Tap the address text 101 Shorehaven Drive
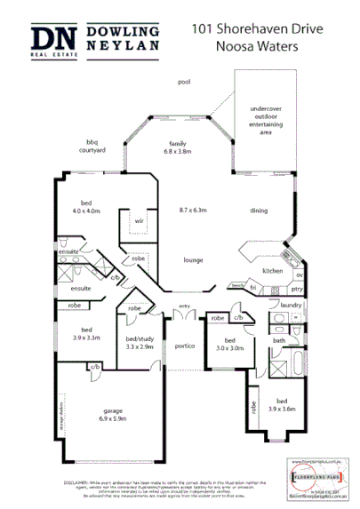pyautogui.click(x=252, y=29)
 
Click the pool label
pyautogui.click(x=184, y=82)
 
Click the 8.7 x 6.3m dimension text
pyautogui.click(x=192, y=210)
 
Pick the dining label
pyautogui.click(x=259, y=211)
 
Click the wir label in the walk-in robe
pyautogui.click(x=139, y=220)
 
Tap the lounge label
pyautogui.click(x=193, y=260)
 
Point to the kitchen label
pyautogui.click(x=272, y=270)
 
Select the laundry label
pyautogui.click(x=291, y=305)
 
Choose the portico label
pyautogui.click(x=185, y=346)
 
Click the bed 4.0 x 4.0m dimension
pyautogui.click(x=86, y=212)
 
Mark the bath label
pyautogui.click(x=279, y=339)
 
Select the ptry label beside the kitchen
pyautogui.click(x=297, y=289)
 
